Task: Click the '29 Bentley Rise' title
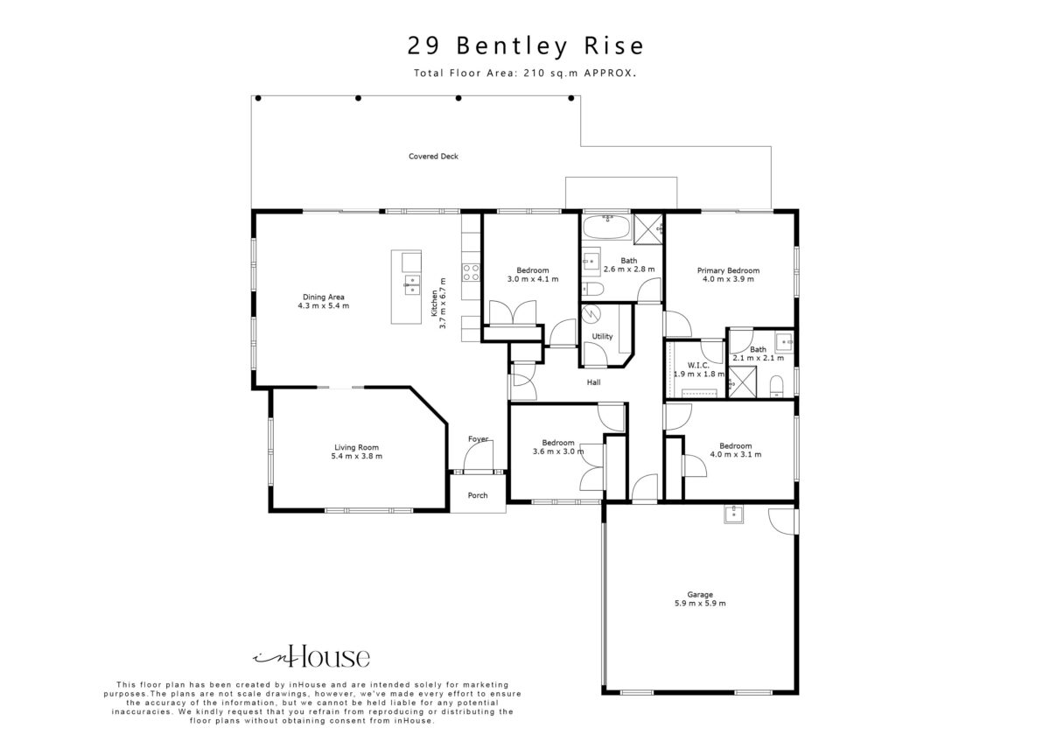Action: click(526, 46)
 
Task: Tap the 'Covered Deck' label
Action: click(433, 157)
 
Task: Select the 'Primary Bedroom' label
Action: click(728, 270)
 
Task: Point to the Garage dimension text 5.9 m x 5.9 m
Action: click(700, 603)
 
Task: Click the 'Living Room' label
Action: click(356, 448)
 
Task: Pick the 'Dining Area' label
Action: click(324, 297)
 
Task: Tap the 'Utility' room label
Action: click(602, 337)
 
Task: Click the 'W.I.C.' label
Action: click(698, 365)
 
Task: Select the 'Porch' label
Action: click(478, 495)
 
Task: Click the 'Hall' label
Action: click(593, 382)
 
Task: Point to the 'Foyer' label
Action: click(478, 439)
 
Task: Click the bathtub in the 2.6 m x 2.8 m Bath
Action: click(606, 227)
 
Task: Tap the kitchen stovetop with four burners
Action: click(471, 272)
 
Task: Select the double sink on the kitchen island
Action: click(412, 285)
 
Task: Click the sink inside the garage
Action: click(733, 514)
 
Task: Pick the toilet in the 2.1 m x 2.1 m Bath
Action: click(777, 386)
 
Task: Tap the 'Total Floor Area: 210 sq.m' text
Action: click(496, 73)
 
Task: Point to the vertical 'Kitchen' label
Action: click(435, 303)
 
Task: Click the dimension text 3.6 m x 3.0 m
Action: click(558, 451)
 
